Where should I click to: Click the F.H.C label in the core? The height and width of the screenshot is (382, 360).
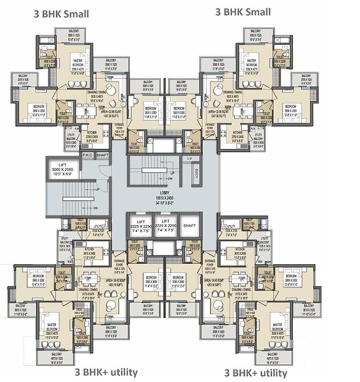(x=87, y=155)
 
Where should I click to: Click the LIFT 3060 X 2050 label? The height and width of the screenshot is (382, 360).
(x=63, y=167)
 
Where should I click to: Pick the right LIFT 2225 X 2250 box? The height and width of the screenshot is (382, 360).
(x=165, y=225)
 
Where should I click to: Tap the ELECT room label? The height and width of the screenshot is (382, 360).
(x=196, y=176)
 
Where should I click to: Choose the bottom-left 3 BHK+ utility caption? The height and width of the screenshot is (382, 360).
(x=106, y=372)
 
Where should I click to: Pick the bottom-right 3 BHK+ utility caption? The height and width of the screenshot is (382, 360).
(x=256, y=372)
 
